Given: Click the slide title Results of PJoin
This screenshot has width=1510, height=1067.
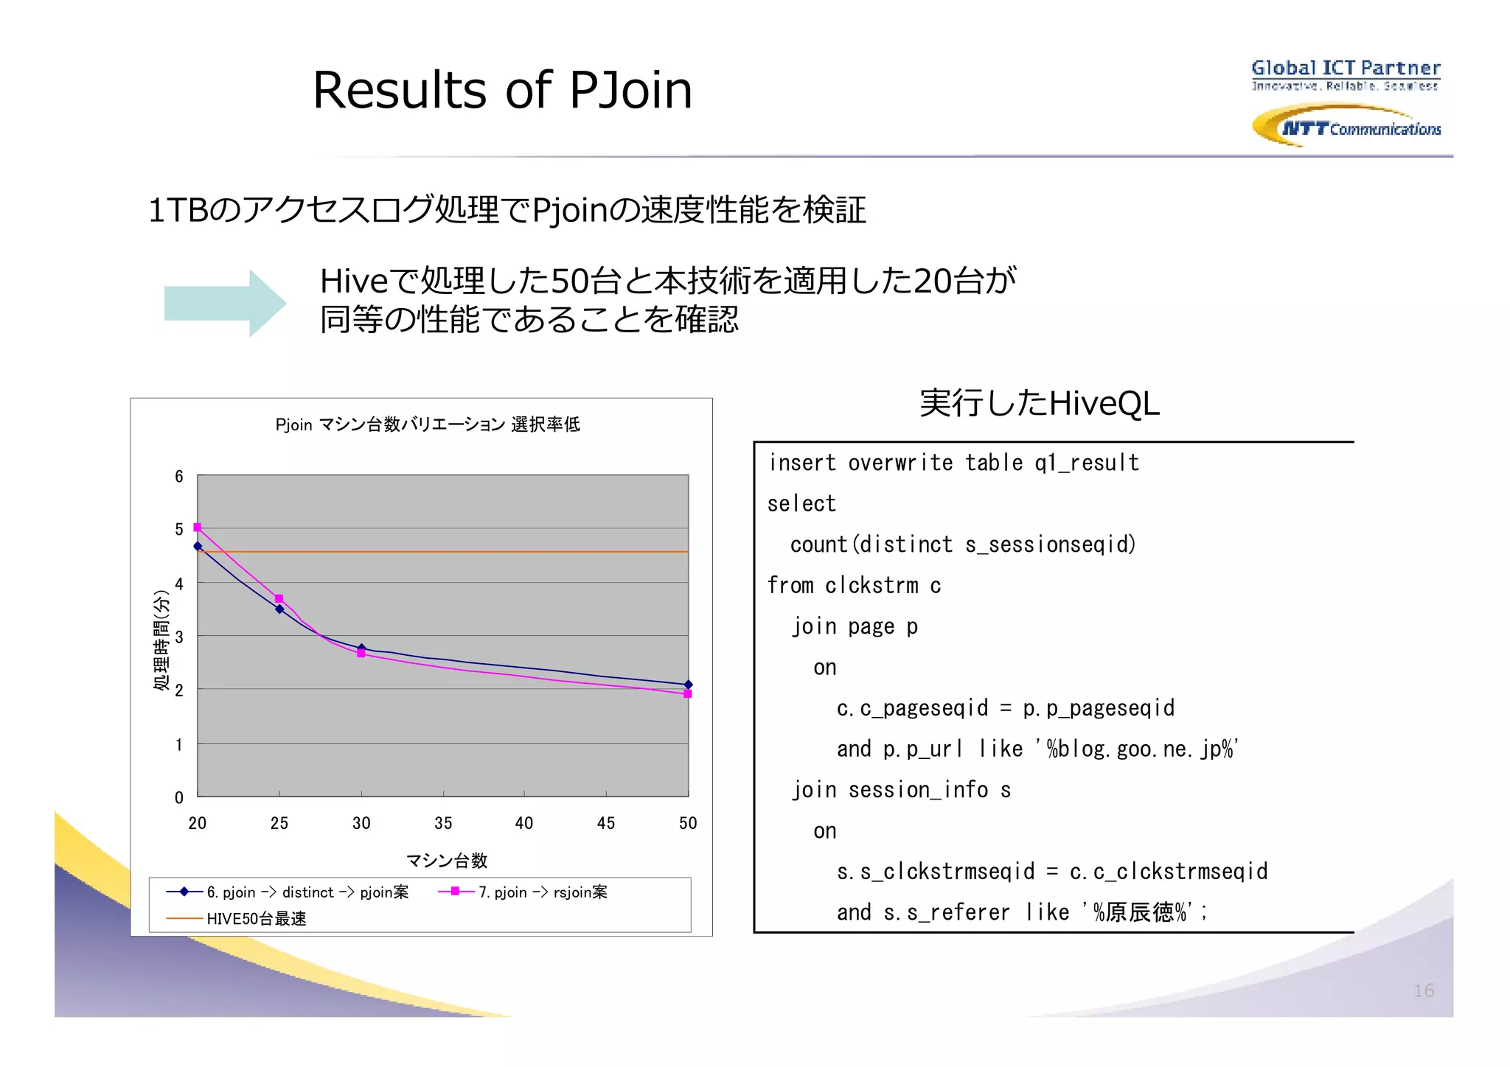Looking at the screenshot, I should [x=502, y=90].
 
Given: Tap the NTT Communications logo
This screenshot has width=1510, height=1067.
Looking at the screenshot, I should [x=1346, y=126].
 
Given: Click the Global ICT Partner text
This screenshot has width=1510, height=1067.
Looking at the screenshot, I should [x=1346, y=69].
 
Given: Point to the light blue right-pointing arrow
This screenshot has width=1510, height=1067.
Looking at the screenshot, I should [x=225, y=303].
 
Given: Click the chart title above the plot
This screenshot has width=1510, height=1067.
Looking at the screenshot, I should [x=428, y=424].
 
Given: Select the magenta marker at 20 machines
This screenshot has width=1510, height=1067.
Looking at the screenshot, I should [x=197, y=528].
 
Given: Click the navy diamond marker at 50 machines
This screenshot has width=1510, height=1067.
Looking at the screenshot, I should [x=688, y=685].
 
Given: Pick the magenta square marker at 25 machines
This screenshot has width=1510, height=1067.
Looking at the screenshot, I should [x=279, y=598].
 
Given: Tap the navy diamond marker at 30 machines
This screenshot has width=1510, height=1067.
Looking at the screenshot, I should [x=361, y=648].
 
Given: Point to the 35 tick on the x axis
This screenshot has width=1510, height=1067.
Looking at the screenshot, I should [x=443, y=823].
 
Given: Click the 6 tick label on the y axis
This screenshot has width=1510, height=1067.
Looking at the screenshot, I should [x=178, y=477].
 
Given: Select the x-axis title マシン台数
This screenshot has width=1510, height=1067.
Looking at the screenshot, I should [x=447, y=860].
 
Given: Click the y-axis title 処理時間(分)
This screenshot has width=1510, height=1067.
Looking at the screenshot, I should [x=161, y=640].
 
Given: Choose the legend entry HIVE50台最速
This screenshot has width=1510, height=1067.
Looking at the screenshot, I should [x=256, y=919].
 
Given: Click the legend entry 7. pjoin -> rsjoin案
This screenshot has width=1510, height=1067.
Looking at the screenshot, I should [x=543, y=892].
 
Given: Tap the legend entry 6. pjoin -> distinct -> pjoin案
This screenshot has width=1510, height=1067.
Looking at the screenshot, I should [x=307, y=892].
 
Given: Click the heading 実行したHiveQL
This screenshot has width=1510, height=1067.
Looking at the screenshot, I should [x=1039, y=403].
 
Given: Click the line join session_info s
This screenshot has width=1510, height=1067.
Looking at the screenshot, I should [x=901, y=790].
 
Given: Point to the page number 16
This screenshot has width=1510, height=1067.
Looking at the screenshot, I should [x=1423, y=990].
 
